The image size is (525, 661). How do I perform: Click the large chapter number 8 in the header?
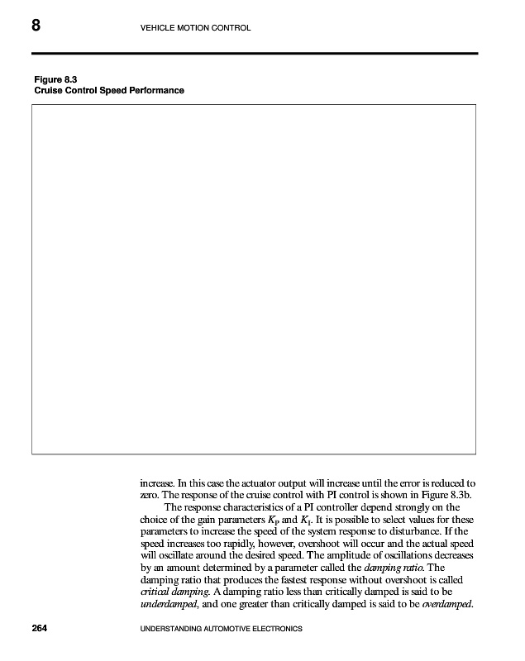coord(36,26)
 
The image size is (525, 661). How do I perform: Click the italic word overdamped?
coord(446,602)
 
